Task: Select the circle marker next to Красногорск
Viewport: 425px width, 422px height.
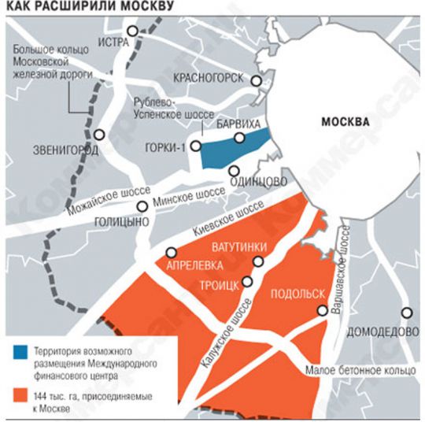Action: (255, 80)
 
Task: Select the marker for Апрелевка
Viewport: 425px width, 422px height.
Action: (171, 252)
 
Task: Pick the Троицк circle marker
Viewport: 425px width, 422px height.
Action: (248, 281)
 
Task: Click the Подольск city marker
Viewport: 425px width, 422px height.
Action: (323, 311)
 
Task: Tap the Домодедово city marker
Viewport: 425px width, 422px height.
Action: (405, 312)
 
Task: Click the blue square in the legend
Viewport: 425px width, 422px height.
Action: (19, 349)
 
